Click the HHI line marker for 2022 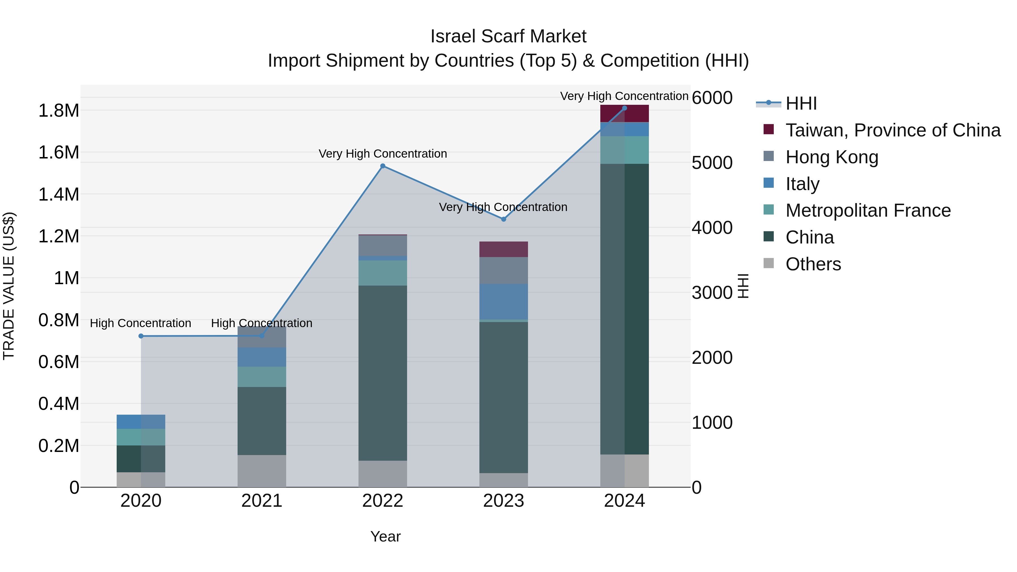tap(383, 166)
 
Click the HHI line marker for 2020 tap(141, 336)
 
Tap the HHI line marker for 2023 tap(503, 219)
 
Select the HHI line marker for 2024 tap(624, 108)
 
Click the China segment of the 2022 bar tap(383, 373)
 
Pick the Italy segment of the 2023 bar tap(503, 302)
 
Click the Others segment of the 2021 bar tap(262, 471)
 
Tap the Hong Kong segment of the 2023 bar tap(503, 270)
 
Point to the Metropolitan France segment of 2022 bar tap(383, 273)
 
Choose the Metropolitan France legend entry tap(868, 210)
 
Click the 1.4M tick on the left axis tap(58, 195)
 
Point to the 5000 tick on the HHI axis tap(712, 163)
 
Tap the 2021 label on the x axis tap(262, 501)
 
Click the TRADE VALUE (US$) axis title tap(9, 286)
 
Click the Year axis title tap(385, 536)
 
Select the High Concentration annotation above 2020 tap(141, 323)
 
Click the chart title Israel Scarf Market tap(508, 36)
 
